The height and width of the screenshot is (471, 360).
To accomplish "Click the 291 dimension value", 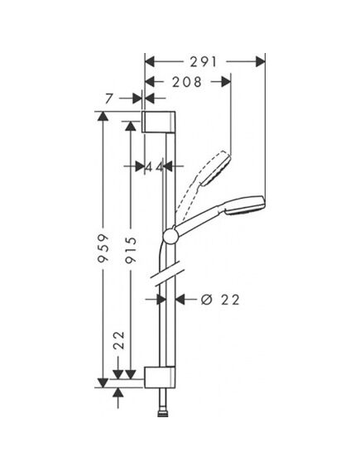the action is click(204, 62).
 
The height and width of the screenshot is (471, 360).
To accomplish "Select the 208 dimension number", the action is click(187, 82).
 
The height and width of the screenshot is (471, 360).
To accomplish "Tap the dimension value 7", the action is click(109, 99).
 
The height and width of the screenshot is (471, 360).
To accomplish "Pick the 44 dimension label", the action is click(154, 166).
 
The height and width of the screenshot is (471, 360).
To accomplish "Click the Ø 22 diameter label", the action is click(220, 300).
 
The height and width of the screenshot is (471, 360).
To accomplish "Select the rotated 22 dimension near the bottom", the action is click(119, 340).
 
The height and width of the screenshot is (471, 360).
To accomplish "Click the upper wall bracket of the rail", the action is click(158, 122).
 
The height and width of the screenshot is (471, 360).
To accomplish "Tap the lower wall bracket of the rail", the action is click(160, 377).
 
